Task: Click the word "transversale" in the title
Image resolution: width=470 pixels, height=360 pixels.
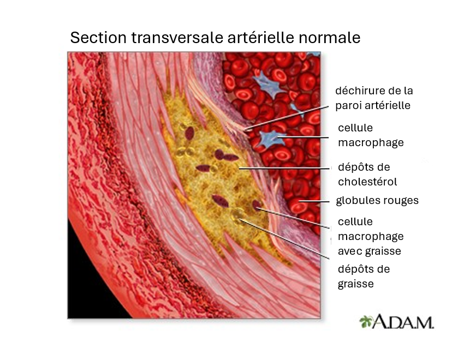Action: click(x=177, y=38)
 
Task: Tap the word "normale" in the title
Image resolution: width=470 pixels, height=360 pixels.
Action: click(x=329, y=38)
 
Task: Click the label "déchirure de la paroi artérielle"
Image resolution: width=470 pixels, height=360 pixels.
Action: click(x=374, y=98)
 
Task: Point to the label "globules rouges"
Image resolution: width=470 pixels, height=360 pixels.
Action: click(x=377, y=200)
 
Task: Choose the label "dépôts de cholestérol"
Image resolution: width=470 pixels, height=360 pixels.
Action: click(x=367, y=175)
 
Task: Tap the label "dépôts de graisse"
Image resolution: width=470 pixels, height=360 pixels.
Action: click(x=364, y=276)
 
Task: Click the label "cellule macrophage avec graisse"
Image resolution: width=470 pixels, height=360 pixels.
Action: click(x=371, y=236)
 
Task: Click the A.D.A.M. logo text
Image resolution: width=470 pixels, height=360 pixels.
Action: click(x=402, y=322)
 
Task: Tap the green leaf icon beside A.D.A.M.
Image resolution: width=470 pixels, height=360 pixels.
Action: click(x=365, y=322)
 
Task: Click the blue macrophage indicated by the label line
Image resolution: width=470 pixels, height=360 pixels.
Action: click(x=270, y=139)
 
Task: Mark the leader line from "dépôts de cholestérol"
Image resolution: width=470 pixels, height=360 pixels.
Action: click(x=285, y=169)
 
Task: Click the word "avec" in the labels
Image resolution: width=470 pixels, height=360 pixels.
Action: click(x=350, y=251)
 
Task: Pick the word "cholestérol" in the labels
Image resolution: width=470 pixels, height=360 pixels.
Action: click(x=367, y=182)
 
